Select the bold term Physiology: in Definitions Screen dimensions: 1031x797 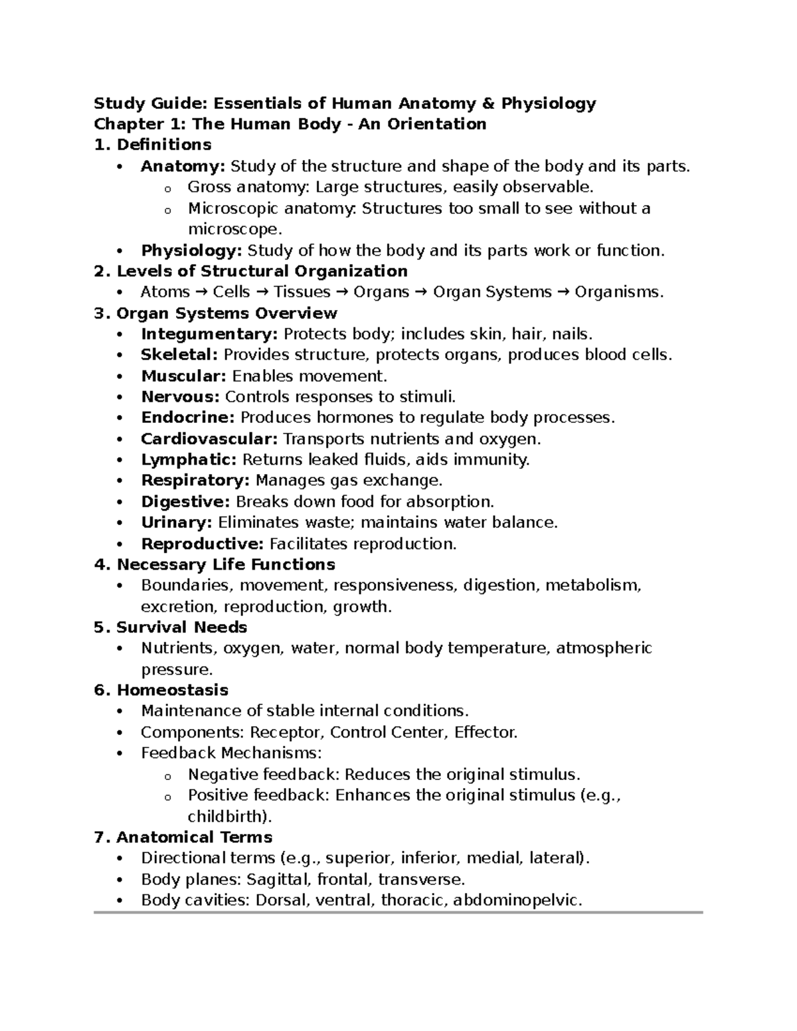tap(191, 250)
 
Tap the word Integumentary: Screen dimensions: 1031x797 tap(209, 334)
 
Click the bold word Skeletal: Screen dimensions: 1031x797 tap(179, 355)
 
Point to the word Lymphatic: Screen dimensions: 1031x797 tap(189, 459)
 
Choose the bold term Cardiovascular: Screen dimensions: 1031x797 tap(209, 439)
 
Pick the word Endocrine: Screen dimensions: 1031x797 tap(188, 418)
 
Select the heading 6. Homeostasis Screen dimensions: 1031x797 tap(161, 690)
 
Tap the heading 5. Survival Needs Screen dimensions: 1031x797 tap(171, 627)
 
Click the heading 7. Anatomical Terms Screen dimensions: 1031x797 tap(183, 837)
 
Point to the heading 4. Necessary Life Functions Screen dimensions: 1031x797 tap(215, 564)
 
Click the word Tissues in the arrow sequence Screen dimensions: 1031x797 tap(302, 292)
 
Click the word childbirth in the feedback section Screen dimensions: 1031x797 tap(226, 816)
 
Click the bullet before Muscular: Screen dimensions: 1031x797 tap(120, 377)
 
